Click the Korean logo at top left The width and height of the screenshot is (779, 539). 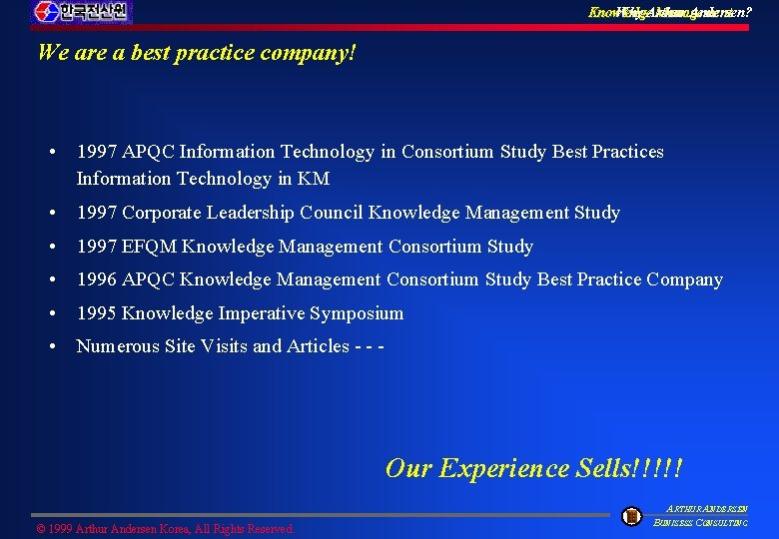point(81,12)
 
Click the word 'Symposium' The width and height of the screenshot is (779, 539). point(357,313)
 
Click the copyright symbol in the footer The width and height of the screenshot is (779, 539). point(41,528)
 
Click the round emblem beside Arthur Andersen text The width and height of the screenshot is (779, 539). point(631,516)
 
